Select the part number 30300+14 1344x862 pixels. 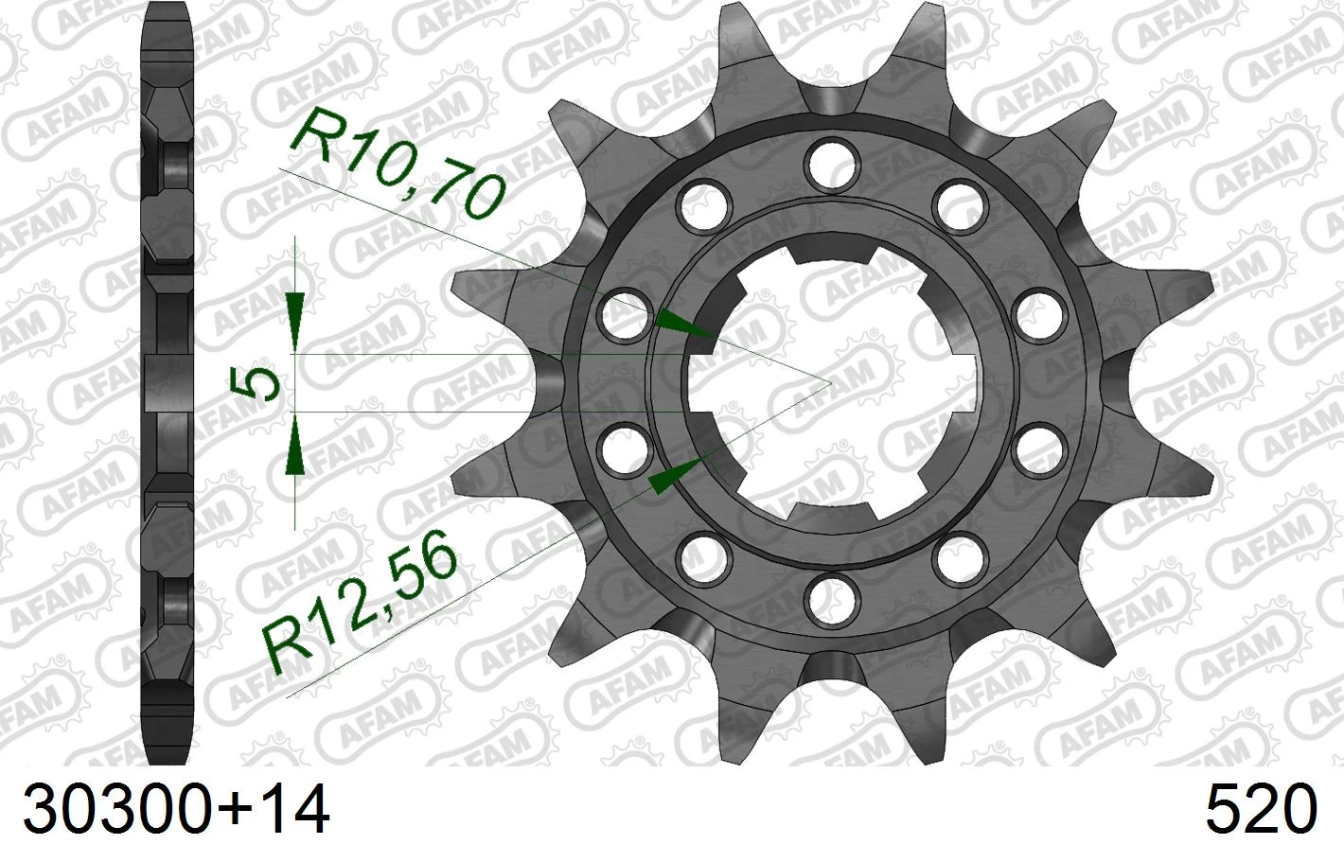coord(177,810)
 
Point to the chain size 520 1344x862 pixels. coord(1261,810)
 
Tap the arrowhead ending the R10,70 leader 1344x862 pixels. coord(687,325)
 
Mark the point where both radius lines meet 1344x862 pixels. coord(830,382)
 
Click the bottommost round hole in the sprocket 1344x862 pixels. coord(830,596)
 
